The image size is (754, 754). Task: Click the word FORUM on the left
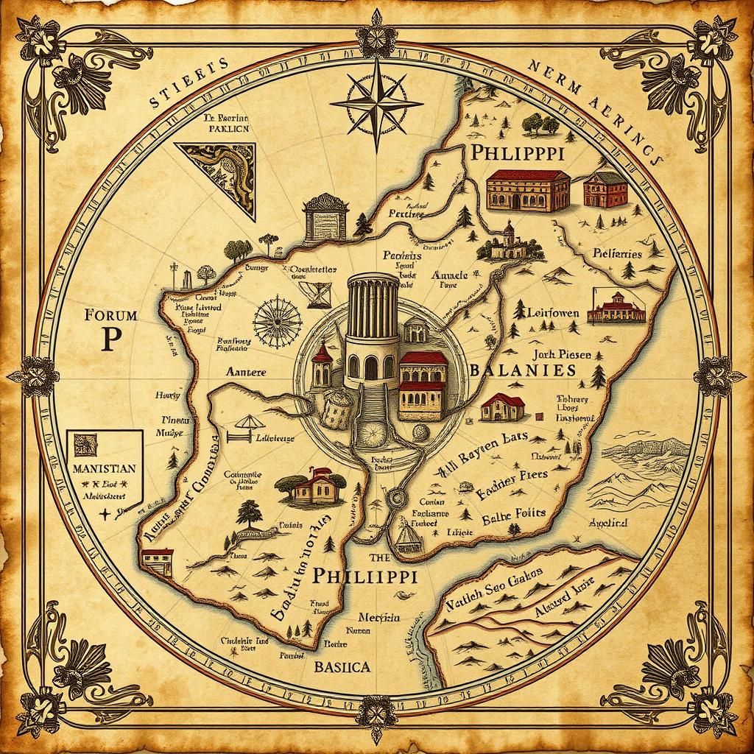(111, 316)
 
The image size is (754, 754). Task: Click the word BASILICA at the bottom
(342, 668)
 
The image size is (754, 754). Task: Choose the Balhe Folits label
(512, 515)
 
